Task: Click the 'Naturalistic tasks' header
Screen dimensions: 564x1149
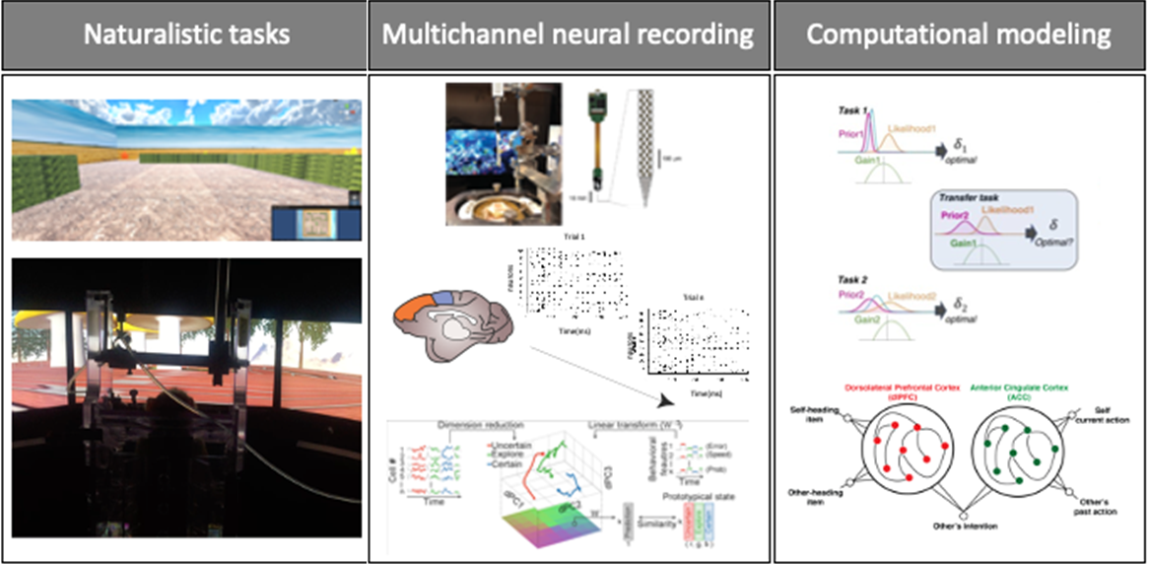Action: pyautogui.click(x=185, y=35)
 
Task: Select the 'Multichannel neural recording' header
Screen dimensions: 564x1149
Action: pyautogui.click(x=568, y=35)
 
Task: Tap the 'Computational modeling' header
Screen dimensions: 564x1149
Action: pyautogui.click(x=958, y=35)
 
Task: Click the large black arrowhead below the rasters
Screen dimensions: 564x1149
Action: pyautogui.click(x=667, y=399)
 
